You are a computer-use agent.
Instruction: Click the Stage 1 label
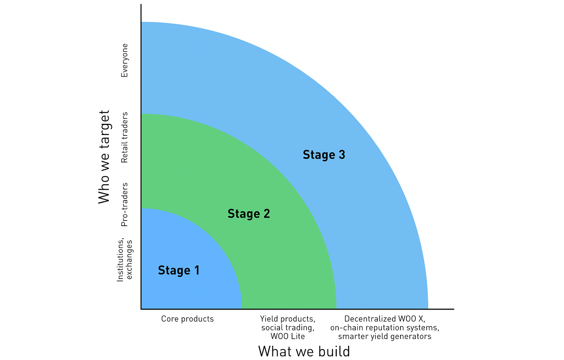(178, 271)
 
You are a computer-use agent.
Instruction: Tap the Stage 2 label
(249, 214)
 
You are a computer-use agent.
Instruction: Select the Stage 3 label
(324, 155)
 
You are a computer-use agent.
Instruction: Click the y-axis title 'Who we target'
(104, 157)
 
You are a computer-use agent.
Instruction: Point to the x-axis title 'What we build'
(304, 351)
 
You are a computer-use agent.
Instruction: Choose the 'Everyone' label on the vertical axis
(124, 60)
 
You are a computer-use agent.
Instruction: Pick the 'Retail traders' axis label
(124, 137)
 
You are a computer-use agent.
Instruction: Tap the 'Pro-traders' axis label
(124, 205)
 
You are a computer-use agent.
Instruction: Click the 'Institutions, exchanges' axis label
(124, 260)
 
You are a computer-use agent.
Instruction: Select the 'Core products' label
(187, 319)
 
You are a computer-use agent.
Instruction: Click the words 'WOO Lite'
(288, 336)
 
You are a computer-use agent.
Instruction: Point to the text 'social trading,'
(288, 328)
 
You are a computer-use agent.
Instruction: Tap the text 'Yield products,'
(288, 319)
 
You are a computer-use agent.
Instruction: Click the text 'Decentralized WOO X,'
(385, 319)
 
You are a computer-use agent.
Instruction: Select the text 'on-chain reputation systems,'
(385, 328)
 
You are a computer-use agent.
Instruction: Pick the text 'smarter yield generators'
(385, 336)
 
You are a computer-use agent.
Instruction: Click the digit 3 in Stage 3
(342, 155)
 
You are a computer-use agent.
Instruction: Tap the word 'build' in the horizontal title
(334, 351)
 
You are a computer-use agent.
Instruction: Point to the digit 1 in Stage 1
(197, 271)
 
